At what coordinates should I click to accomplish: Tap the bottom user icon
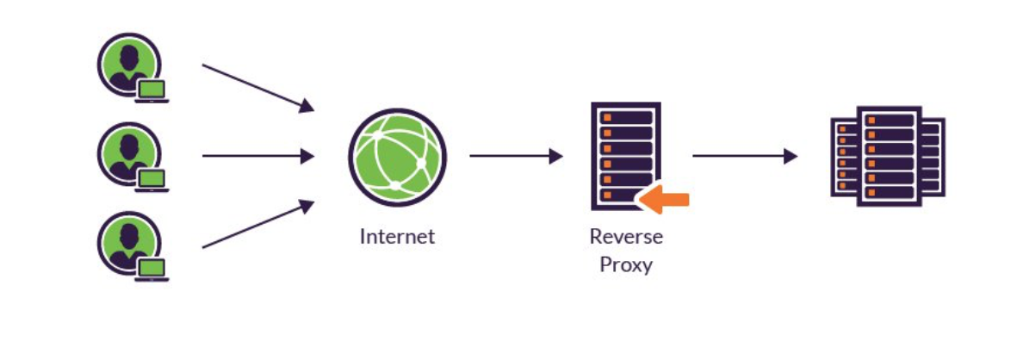tap(129, 245)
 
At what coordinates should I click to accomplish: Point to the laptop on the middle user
tap(152, 179)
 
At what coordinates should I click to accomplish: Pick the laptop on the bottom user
tap(152, 268)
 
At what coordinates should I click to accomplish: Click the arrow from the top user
tap(257, 87)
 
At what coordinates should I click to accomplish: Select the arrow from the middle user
tap(257, 157)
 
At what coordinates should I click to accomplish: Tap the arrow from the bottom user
tap(257, 225)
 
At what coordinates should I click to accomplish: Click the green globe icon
tap(397, 157)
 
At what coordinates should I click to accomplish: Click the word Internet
tap(397, 236)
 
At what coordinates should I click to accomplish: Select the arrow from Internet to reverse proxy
tap(515, 157)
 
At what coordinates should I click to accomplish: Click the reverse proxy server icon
tap(626, 156)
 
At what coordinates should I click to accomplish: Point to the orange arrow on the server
tap(666, 199)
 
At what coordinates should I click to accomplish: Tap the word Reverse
tap(626, 236)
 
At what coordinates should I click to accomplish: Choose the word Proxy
tap(626, 264)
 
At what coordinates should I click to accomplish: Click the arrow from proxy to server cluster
tap(744, 157)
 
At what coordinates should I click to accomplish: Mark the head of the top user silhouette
tap(129, 57)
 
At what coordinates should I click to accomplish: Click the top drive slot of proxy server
tap(626, 117)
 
